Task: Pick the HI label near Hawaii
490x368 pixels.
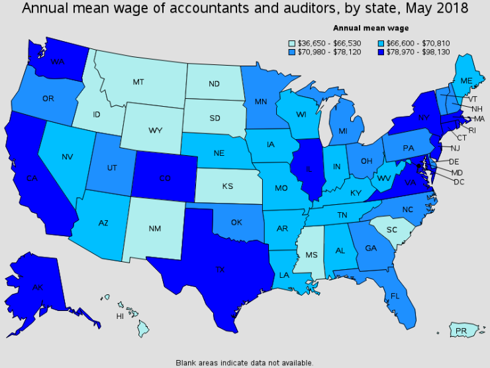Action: [120, 316]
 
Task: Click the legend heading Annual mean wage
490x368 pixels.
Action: [371, 28]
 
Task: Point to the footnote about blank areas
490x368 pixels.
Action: [244, 363]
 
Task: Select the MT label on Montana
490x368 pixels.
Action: [138, 82]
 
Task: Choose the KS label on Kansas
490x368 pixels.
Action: [228, 186]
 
